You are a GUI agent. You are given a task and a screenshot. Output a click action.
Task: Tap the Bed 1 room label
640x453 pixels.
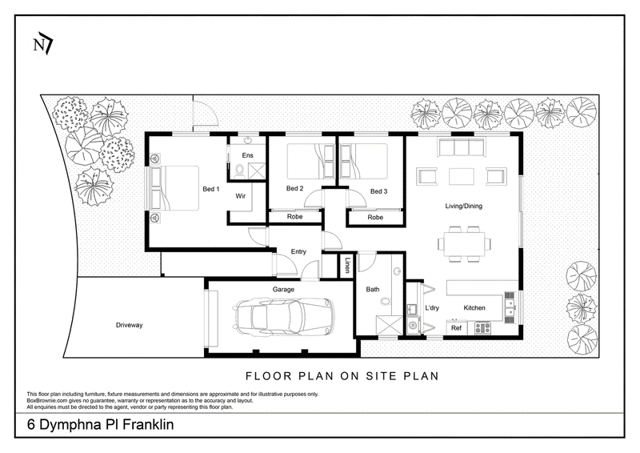click(x=211, y=189)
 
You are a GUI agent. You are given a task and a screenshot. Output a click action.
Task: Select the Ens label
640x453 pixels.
click(x=247, y=155)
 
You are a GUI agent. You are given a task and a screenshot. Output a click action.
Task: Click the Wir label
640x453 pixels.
click(x=241, y=196)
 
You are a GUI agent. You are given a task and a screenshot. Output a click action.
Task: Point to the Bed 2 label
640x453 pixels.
click(x=294, y=188)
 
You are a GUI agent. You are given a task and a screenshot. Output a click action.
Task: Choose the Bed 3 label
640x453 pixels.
click(x=378, y=191)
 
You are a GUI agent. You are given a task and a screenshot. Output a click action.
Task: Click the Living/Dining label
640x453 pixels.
click(x=463, y=206)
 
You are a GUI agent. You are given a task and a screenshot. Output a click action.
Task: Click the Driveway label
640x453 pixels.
click(x=129, y=325)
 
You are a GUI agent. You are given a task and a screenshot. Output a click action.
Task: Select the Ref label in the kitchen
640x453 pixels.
click(x=456, y=328)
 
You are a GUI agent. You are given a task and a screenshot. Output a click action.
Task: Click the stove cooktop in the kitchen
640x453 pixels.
click(x=482, y=327)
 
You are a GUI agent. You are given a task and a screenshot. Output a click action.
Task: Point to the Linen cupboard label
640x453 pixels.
click(x=346, y=265)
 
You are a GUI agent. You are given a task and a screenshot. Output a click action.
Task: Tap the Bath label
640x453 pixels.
click(x=373, y=289)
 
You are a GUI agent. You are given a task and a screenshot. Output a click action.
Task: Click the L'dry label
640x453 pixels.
click(x=432, y=308)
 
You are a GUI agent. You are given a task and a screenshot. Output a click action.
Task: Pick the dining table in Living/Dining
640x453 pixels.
click(x=465, y=244)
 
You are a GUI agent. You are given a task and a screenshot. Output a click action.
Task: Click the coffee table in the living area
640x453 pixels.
click(x=462, y=177)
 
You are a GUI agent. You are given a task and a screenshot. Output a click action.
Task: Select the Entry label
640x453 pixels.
click(x=298, y=251)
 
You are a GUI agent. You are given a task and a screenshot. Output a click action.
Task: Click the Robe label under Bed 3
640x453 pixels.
click(x=375, y=218)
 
